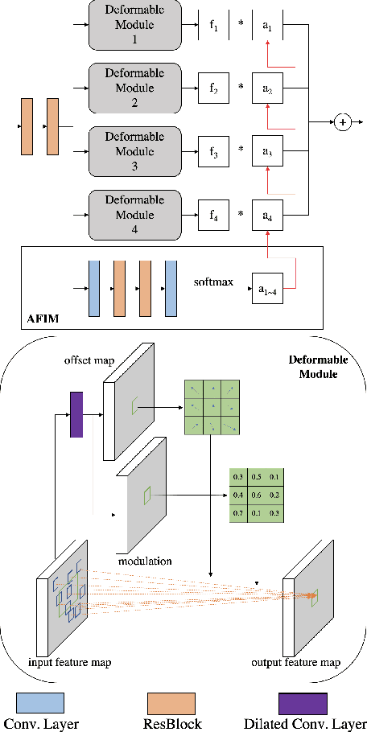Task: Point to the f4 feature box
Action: coord(213,215)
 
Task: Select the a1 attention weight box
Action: coord(267,27)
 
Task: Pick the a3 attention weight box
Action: coord(267,151)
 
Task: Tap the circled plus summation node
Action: coord(344,122)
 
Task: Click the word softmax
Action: coord(212,282)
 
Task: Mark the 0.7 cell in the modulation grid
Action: coord(238,512)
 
